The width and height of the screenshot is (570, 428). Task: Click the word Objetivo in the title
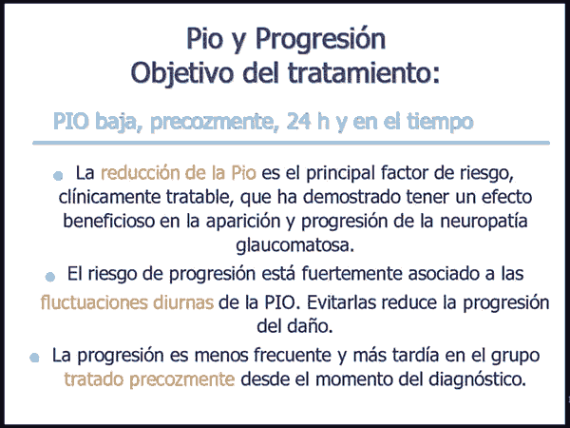point(181,73)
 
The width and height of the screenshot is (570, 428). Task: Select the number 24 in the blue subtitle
point(299,121)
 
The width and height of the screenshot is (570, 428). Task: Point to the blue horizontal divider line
point(291,143)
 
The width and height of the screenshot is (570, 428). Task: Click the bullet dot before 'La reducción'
point(58,176)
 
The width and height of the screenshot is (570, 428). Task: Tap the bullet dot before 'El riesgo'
point(50,277)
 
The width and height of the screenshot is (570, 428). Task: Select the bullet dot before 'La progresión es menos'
point(34,358)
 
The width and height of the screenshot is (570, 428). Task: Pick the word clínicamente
point(109,197)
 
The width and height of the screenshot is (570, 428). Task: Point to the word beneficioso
point(108,221)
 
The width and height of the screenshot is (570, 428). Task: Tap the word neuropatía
point(484,222)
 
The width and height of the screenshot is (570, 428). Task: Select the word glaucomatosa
point(294,245)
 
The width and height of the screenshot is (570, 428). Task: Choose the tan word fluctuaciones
point(94,302)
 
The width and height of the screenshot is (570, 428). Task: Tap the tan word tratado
point(94,379)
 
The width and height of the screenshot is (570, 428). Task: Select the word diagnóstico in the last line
point(477,379)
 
